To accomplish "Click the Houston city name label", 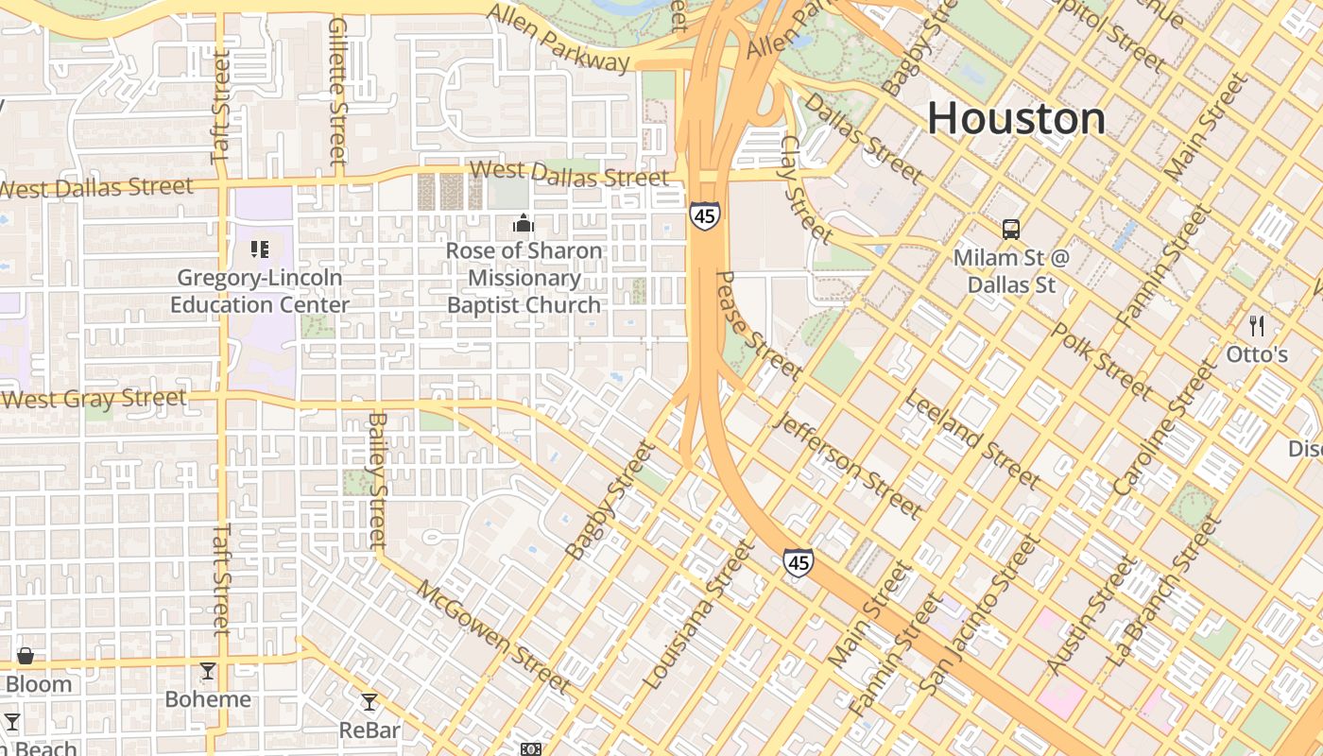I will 1016,119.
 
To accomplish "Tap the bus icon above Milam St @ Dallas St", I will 1011,229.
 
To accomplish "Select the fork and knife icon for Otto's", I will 1257,327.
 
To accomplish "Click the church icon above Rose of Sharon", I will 523,223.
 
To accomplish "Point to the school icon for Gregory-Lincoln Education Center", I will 260,249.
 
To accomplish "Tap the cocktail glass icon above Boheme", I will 208,671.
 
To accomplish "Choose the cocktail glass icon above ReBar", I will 369,702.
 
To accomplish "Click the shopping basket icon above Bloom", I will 26,656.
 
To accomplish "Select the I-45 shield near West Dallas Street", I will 704,215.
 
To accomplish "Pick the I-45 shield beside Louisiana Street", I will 799,563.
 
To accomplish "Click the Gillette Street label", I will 338,91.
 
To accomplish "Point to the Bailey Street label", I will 378,480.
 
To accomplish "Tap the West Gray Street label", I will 94,399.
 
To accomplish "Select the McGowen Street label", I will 493,636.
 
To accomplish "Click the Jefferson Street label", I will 847,465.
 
